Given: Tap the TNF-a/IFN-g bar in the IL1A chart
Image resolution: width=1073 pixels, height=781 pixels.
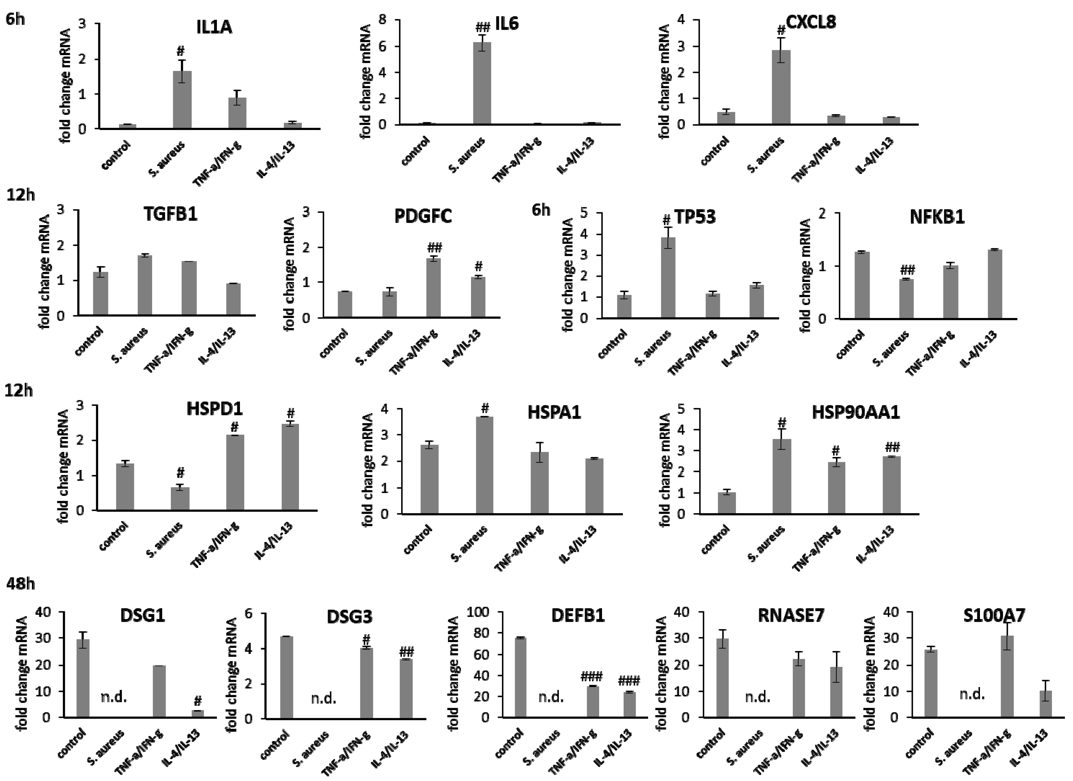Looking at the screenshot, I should [237, 113].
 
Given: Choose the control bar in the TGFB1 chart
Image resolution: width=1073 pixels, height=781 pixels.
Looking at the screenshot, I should [100, 294].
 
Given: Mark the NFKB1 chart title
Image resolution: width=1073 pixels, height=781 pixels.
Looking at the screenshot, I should [937, 217].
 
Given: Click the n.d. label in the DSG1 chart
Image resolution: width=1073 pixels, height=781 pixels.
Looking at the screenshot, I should [114, 697].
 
